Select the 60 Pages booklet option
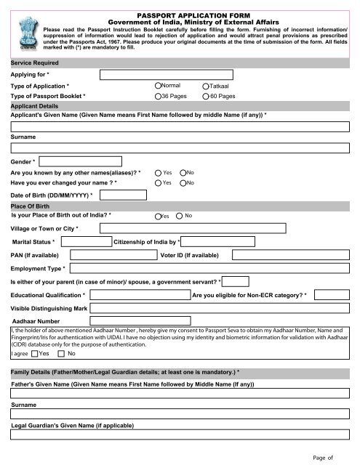coord(207,96)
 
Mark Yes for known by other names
coord(158,172)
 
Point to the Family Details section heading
coord(124,372)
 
